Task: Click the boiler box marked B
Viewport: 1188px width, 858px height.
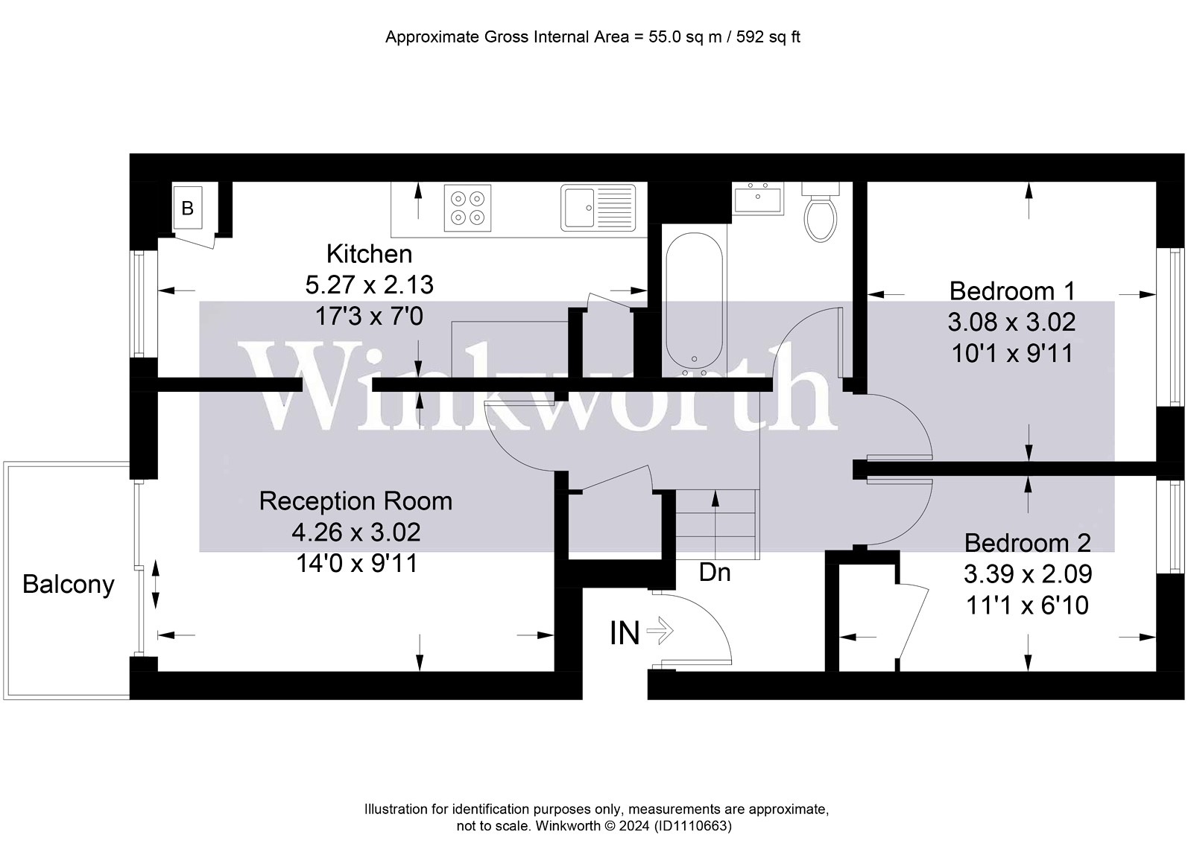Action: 187,208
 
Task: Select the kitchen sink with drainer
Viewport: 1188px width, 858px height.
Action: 598,208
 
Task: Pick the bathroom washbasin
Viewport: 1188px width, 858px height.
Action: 757,200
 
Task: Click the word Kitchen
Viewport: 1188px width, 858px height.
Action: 369,254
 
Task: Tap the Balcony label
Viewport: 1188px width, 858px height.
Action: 68,584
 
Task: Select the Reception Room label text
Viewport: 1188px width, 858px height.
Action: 356,501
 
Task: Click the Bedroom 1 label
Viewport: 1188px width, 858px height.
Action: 1012,290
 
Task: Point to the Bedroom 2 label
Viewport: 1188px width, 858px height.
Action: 1027,543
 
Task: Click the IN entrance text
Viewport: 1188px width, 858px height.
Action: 625,633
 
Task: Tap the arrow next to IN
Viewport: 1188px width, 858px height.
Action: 660,632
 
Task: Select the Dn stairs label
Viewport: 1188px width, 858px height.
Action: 714,573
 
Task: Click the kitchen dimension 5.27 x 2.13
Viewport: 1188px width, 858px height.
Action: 369,285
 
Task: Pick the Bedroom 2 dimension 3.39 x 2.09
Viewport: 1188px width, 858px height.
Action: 1027,574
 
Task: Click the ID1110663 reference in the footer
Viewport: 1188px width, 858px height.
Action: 692,826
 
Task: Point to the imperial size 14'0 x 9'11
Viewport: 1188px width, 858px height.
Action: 356,564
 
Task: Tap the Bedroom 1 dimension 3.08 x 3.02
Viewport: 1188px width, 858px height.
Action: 1011,322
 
